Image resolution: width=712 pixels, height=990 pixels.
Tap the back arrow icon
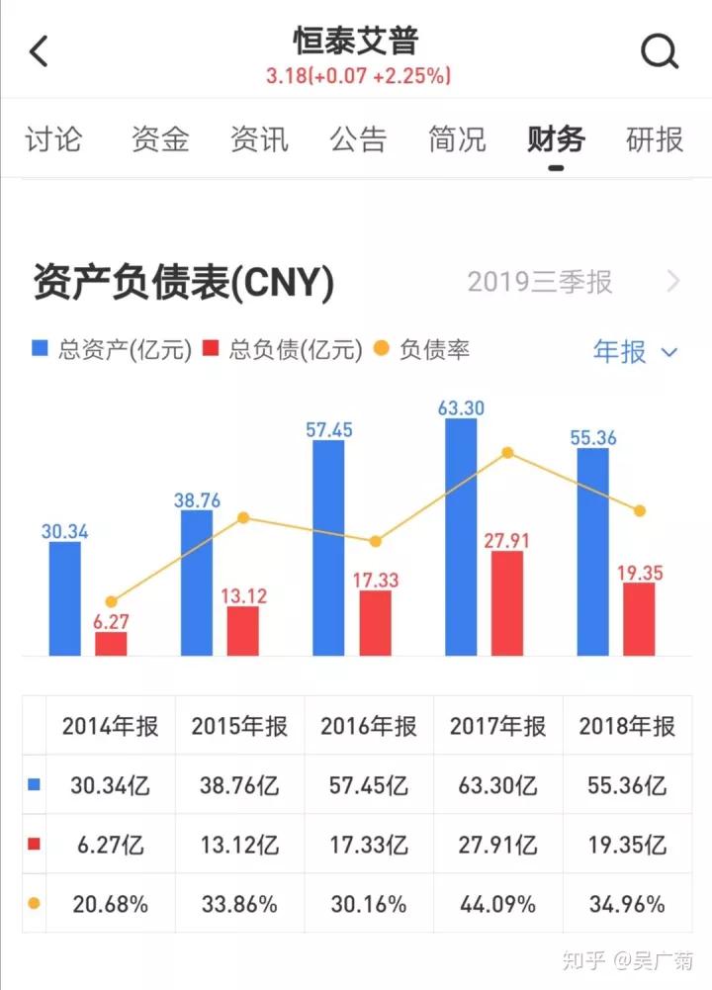[39, 50]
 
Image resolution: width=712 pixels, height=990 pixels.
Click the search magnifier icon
[660, 50]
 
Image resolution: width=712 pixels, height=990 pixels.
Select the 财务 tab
[556, 139]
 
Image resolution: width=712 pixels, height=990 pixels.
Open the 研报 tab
[655, 139]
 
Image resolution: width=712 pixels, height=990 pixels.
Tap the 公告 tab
[358, 139]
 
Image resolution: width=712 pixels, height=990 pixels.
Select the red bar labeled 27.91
[506, 602]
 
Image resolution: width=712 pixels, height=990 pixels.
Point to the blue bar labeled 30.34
[65, 598]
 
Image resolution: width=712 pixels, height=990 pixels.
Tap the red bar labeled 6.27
[111, 644]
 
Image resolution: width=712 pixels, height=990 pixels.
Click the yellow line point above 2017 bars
[507, 453]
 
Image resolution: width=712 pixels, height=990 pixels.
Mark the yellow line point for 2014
[111, 601]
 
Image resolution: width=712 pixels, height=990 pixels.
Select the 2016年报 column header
[369, 726]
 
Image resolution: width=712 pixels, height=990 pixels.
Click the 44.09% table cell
[498, 904]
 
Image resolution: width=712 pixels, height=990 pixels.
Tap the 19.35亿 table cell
[628, 846]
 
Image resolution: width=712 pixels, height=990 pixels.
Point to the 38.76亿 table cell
[239, 786]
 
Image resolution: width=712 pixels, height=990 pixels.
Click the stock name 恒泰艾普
[356, 41]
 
